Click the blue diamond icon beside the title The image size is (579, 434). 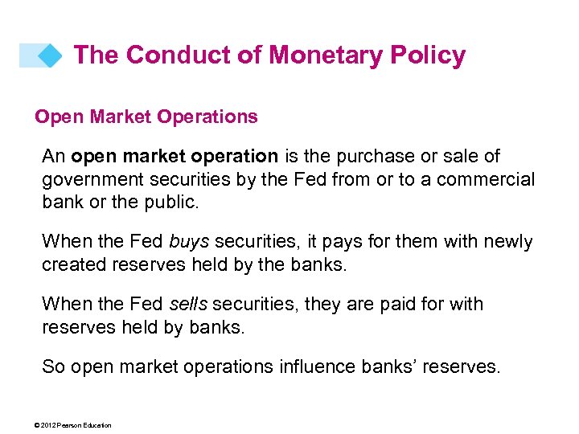[51, 55]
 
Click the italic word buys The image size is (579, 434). [188, 241]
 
